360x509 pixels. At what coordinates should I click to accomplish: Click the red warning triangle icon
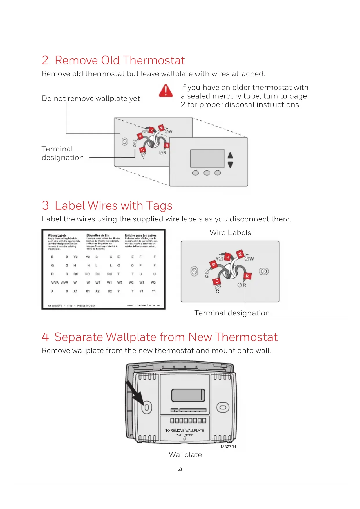tap(166, 91)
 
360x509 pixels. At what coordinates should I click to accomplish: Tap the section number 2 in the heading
tap(45, 60)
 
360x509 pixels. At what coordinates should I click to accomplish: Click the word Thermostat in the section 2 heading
tap(155, 60)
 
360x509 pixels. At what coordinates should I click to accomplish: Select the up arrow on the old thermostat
tap(230, 156)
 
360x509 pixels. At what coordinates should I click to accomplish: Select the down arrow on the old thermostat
tap(230, 165)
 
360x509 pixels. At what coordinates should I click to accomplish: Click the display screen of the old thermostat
tap(207, 158)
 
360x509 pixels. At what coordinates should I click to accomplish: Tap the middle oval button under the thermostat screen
tap(207, 173)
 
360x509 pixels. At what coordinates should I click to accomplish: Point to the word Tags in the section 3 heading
tap(159, 205)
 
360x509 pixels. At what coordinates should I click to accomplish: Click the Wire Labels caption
tap(230, 233)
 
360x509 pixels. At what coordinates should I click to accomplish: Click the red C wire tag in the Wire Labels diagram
tap(217, 281)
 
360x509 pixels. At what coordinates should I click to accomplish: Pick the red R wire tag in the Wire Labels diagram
tap(247, 276)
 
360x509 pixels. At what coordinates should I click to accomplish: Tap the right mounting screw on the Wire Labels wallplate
tap(264, 271)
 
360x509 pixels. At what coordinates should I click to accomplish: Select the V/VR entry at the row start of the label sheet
tap(55, 282)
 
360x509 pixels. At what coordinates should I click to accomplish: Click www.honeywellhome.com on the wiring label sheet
tap(144, 305)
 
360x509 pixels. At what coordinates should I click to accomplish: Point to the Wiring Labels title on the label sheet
tap(57, 235)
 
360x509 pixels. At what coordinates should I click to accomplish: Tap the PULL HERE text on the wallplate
tap(184, 435)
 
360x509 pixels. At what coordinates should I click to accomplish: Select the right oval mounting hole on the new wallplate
tap(223, 407)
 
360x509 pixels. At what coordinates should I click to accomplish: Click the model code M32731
tap(229, 447)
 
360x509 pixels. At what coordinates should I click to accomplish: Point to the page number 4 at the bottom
tap(180, 470)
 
